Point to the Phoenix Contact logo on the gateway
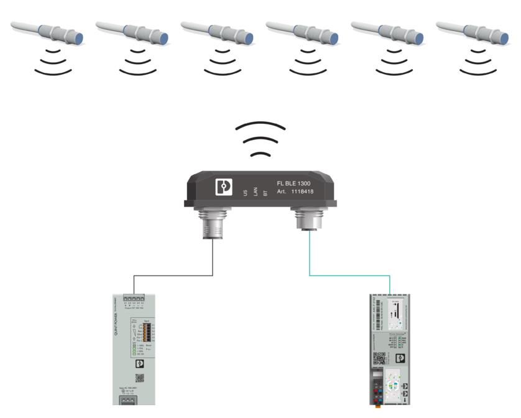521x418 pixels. (x=224, y=187)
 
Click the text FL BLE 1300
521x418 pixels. (x=295, y=184)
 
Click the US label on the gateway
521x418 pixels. (x=246, y=193)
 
